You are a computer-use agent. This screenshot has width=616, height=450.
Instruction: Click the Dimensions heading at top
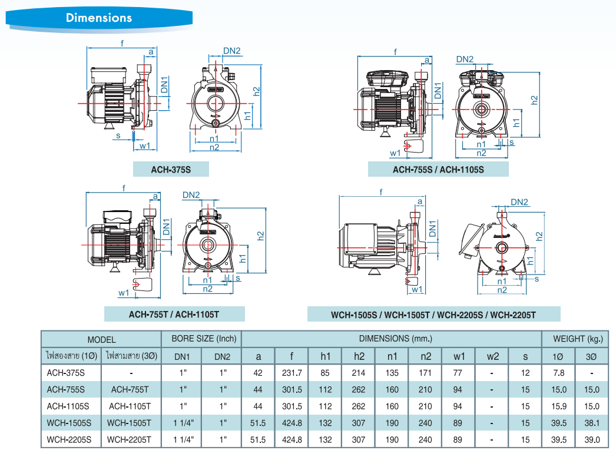point(99,18)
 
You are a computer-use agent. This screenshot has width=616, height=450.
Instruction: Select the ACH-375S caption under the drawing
point(171,170)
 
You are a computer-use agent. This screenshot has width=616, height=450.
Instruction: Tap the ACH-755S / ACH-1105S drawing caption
point(438,170)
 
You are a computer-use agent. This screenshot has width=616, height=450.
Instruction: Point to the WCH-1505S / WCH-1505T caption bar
point(433,314)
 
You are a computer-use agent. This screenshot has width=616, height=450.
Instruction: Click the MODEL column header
point(101,339)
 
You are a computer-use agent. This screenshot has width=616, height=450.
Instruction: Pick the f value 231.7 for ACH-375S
point(292,373)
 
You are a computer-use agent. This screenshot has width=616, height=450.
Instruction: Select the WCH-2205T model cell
point(131,439)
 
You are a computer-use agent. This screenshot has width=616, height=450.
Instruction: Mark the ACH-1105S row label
point(68,406)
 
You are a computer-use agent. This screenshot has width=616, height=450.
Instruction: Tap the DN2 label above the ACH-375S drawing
point(232,51)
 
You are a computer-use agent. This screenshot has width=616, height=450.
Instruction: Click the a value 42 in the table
point(258,373)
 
